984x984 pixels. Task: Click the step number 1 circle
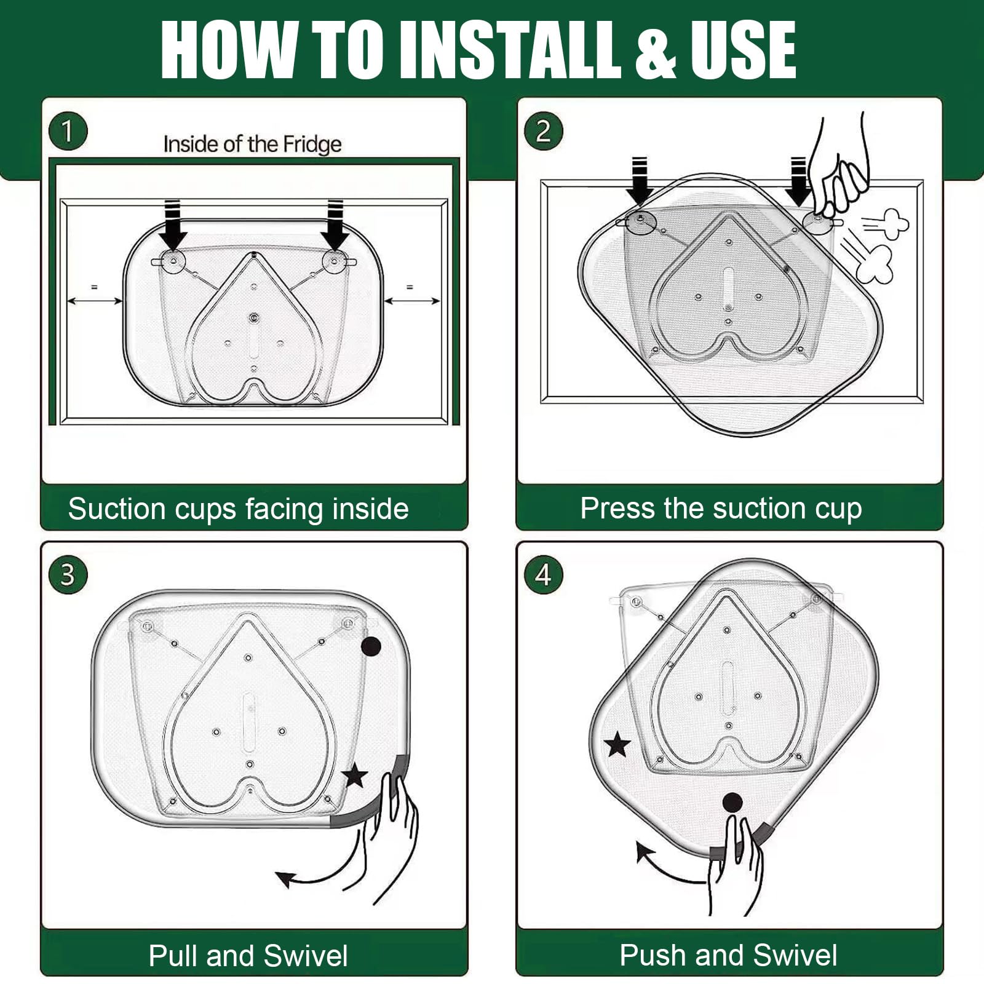(x=68, y=131)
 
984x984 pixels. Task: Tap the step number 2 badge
(x=543, y=131)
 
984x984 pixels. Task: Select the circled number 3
(x=68, y=575)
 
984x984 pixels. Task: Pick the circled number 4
(x=543, y=575)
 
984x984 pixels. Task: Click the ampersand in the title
(x=656, y=50)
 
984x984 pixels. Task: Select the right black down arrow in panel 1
(x=335, y=224)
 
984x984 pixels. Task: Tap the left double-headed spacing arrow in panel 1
(x=94, y=301)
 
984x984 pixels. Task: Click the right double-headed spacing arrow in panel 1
(x=411, y=301)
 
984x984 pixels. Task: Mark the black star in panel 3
(x=355, y=776)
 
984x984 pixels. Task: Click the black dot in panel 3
(x=371, y=646)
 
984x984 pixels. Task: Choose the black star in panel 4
(x=618, y=745)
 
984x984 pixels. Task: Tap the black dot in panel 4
(x=732, y=803)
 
